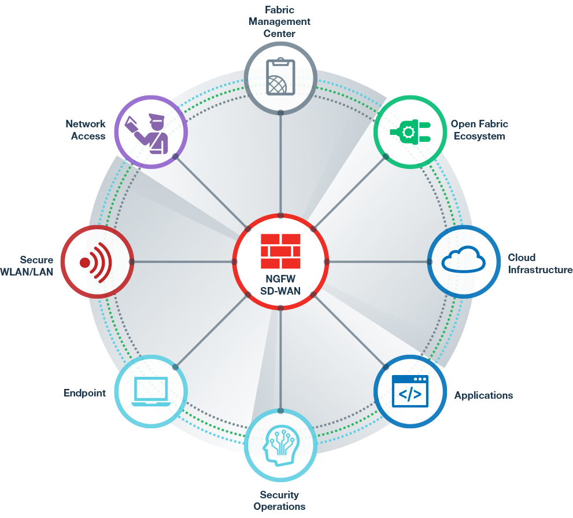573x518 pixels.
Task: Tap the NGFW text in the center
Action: (x=280, y=278)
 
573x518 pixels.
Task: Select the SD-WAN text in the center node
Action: (x=280, y=291)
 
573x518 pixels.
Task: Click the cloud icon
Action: (x=463, y=260)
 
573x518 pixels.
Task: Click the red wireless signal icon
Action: (x=96, y=262)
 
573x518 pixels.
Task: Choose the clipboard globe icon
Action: (x=280, y=77)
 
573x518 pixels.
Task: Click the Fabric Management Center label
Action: (x=280, y=22)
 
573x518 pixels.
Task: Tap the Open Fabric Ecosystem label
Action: (x=479, y=130)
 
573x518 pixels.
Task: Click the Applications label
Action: (x=483, y=396)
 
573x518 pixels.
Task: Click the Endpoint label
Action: (x=84, y=393)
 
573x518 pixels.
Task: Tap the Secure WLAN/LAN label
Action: (x=28, y=266)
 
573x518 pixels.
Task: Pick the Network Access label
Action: (x=86, y=130)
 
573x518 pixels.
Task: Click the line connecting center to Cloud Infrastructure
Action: (x=379, y=262)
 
